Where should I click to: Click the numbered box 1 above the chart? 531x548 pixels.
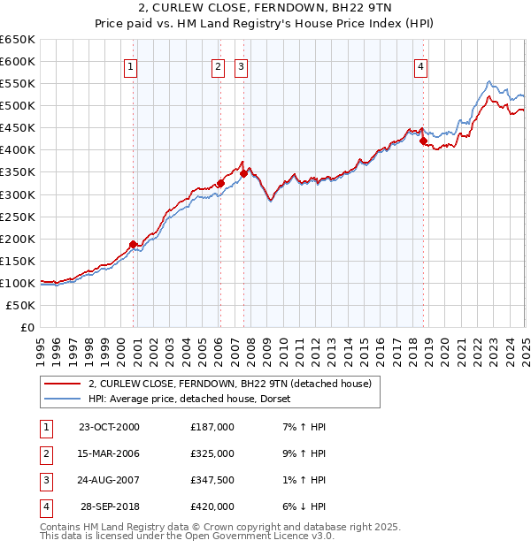[x=130, y=67]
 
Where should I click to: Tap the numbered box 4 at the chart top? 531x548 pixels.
[x=421, y=67]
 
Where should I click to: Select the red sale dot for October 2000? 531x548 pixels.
[x=134, y=244]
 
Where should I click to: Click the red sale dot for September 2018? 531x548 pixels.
[x=423, y=141]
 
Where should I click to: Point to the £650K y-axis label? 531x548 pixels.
[x=18, y=40]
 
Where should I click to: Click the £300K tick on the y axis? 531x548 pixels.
[x=18, y=194]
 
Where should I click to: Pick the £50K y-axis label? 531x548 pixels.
[x=21, y=305]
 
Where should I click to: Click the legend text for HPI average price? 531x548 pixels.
[x=195, y=400]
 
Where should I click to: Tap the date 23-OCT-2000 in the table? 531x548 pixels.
[x=109, y=427]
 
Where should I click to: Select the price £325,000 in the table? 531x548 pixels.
[x=212, y=453]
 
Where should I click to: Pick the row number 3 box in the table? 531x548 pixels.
[x=45, y=480]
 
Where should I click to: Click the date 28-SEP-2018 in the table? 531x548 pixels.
[x=111, y=506]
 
